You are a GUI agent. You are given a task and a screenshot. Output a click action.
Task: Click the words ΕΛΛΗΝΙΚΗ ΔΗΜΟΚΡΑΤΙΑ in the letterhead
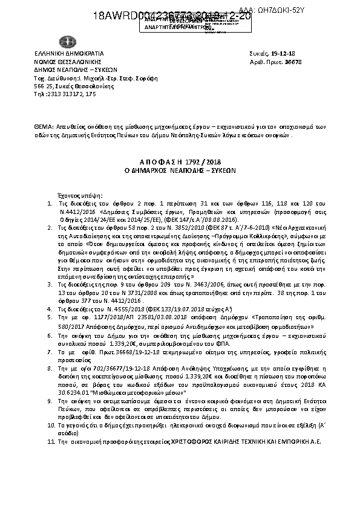pyautogui.click(x=69, y=54)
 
